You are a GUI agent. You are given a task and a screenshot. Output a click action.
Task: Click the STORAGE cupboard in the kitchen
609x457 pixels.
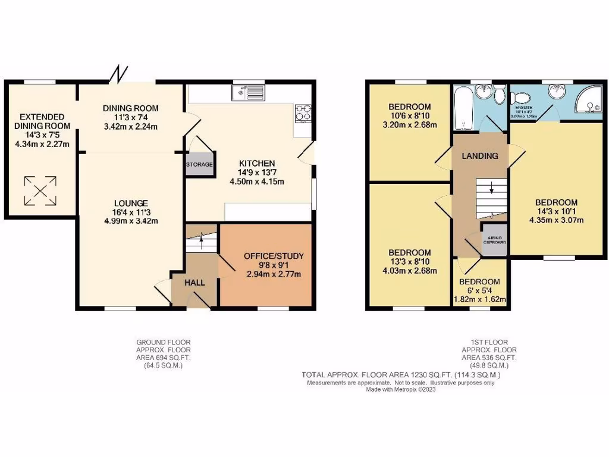199,165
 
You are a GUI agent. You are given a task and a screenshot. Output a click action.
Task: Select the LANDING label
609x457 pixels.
480,156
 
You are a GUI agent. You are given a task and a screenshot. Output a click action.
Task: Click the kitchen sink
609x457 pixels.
249,92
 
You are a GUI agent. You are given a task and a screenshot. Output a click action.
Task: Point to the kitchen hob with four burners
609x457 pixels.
303,113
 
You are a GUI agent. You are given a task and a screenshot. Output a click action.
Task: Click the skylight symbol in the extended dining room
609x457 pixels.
40,190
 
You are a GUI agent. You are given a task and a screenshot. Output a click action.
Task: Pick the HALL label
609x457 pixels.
194,283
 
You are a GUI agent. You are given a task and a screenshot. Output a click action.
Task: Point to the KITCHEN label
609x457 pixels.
257,163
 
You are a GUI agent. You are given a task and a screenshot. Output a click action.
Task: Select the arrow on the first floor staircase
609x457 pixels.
492,190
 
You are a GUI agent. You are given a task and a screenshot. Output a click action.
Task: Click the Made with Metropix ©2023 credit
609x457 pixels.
401,390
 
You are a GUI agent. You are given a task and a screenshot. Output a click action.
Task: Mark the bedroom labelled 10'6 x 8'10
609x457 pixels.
409,116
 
